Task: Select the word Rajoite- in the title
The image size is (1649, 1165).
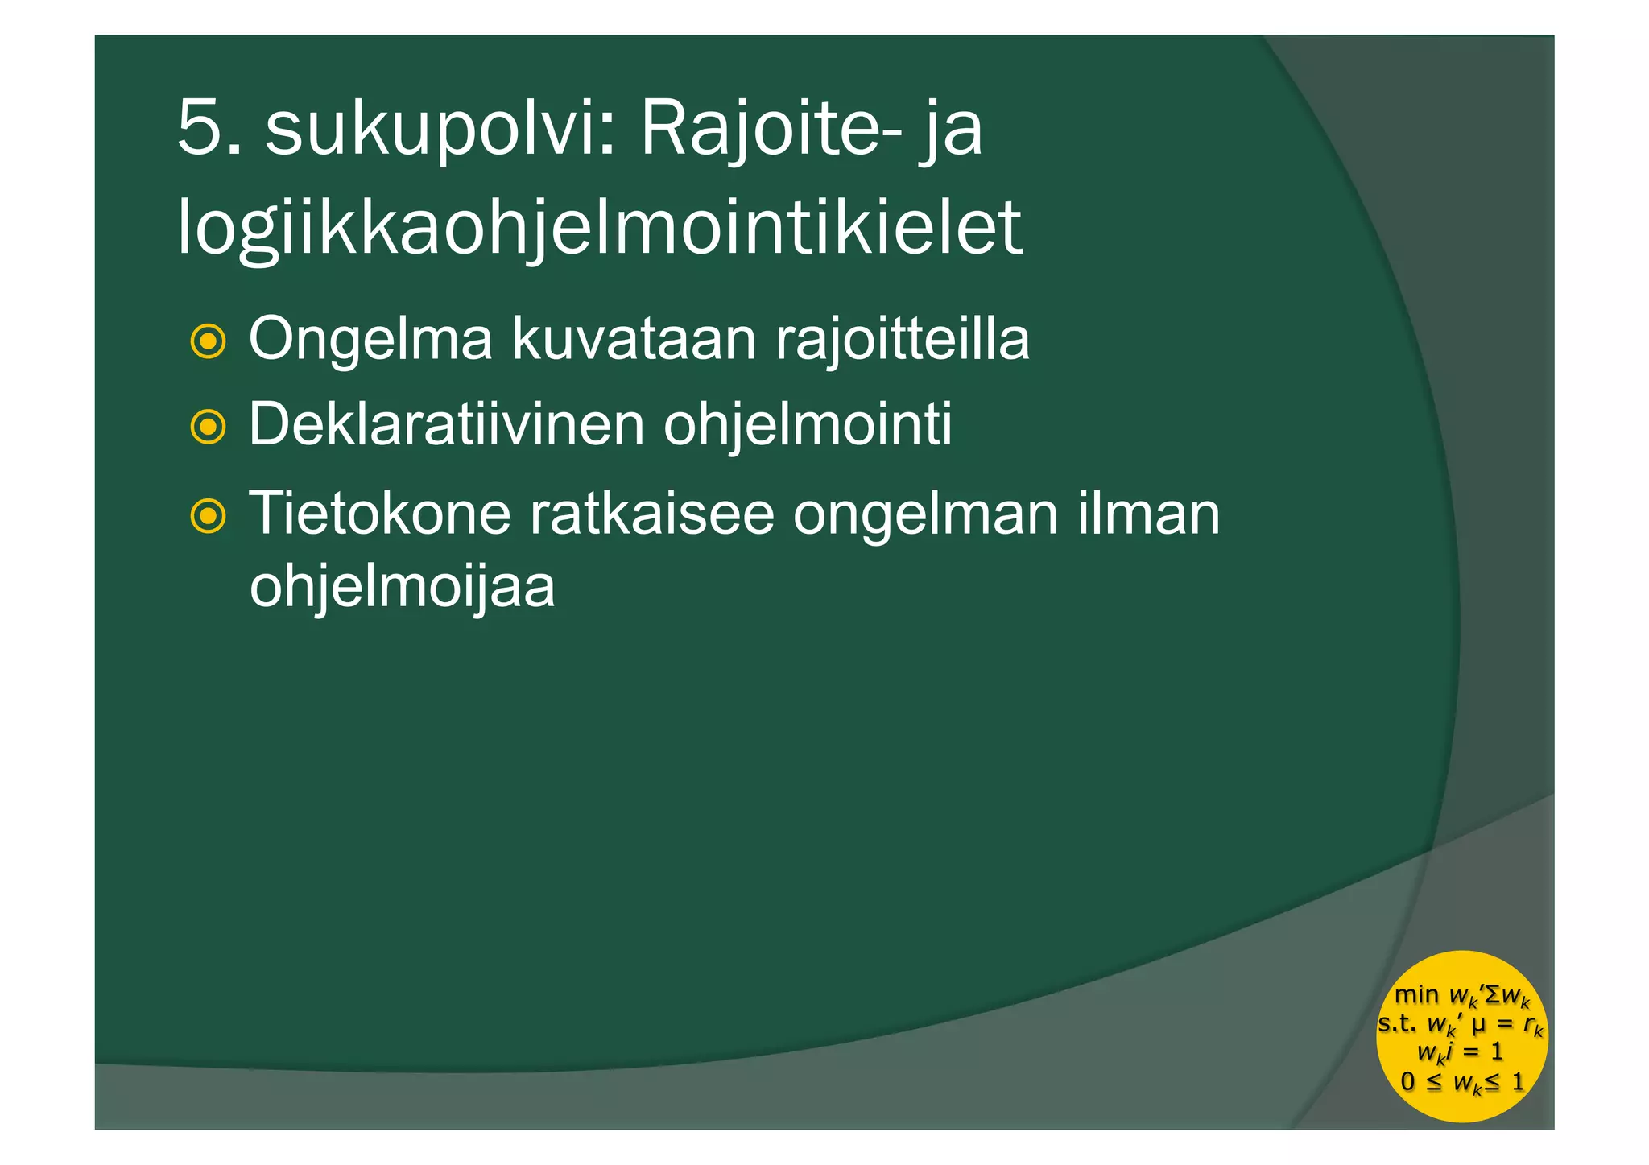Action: click(x=771, y=128)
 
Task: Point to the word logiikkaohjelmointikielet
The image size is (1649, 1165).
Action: click(x=600, y=229)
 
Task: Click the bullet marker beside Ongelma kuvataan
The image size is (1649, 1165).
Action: click(x=208, y=341)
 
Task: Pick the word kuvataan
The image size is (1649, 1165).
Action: click(x=634, y=339)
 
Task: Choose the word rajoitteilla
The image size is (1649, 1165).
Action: click(x=903, y=339)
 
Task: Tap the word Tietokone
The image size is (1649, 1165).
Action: click(x=380, y=513)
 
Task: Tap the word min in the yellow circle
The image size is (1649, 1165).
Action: click(x=1416, y=995)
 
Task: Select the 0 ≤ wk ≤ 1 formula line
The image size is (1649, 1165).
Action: click(x=1463, y=1082)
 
